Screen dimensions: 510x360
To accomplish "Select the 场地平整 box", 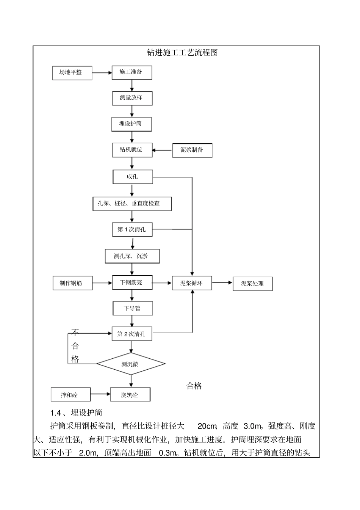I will point(72,72).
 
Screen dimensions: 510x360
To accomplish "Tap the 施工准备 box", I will point(132,72).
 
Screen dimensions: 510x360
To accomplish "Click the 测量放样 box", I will point(132,98).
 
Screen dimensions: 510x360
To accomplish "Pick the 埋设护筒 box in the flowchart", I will point(131,124).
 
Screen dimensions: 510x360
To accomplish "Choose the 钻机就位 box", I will point(132,150).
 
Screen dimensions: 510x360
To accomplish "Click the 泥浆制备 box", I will point(192,150).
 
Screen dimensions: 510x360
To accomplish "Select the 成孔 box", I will point(133,177).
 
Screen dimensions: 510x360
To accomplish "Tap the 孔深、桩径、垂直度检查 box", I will point(132,204).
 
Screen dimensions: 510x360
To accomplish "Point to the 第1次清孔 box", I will point(132,229).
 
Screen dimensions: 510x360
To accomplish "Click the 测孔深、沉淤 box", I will point(132,256).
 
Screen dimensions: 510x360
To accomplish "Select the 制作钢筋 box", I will point(72,283).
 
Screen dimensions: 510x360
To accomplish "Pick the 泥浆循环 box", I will point(192,283).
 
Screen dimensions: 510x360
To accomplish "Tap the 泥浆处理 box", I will point(252,284).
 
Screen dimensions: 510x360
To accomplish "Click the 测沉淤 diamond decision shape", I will point(131,364).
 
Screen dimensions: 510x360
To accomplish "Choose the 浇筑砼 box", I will point(130,395).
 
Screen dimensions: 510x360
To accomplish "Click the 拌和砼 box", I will point(70,395).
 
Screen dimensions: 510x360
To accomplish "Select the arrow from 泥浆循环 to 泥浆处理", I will point(222,282).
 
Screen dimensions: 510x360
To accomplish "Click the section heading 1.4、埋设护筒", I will point(76,413).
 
